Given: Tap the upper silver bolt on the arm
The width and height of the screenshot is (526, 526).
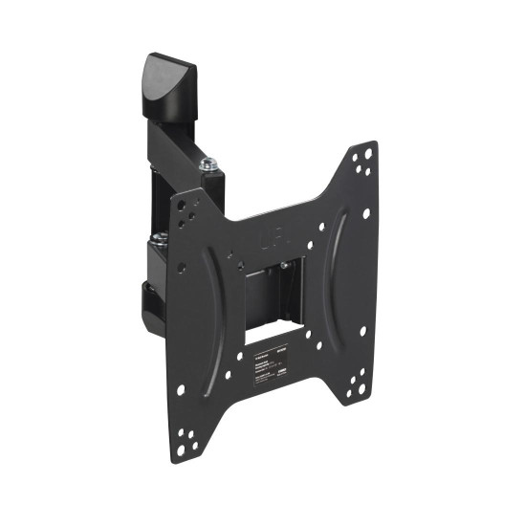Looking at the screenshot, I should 207,166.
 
